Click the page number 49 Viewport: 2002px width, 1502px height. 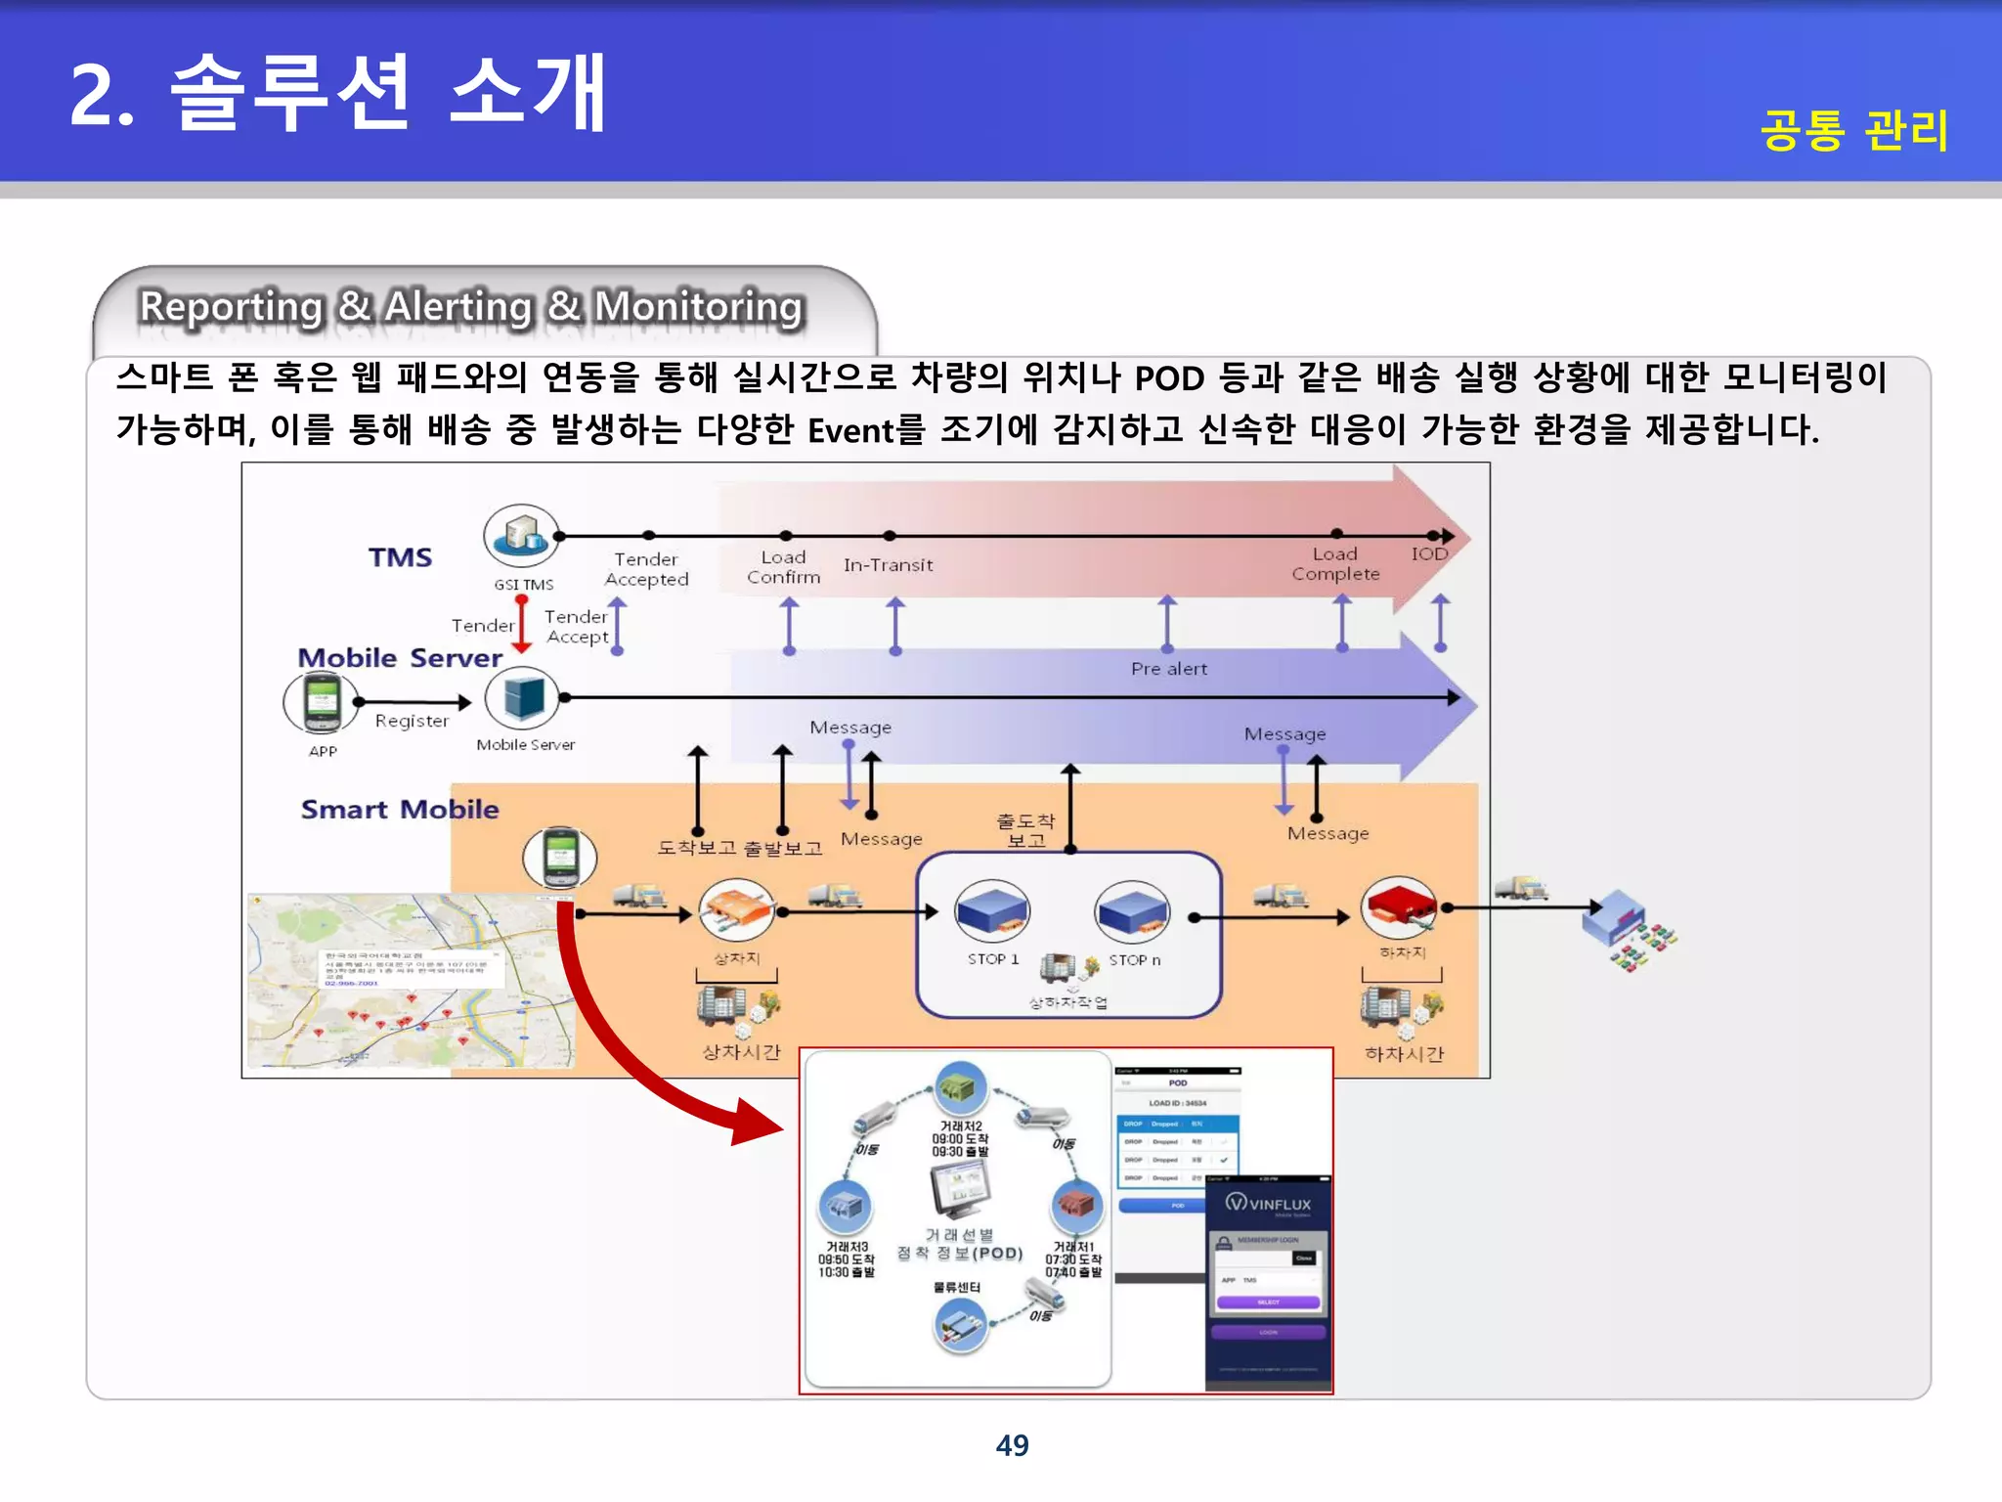1012,1444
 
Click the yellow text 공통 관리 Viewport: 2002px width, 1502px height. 1854,130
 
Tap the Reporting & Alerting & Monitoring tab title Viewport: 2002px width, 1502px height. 471,306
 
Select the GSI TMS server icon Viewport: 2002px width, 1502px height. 521,535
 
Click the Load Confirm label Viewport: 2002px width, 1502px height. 784,567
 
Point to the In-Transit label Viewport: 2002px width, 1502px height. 888,565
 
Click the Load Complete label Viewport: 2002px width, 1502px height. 1335,564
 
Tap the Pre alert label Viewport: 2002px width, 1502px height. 1169,669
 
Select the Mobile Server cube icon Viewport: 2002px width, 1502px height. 522,698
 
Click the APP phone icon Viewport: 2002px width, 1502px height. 321,702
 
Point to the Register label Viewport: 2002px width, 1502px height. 412,721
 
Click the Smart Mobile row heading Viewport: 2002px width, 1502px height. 400,810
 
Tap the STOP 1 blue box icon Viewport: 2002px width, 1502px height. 992,908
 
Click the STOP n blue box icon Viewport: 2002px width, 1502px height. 1132,909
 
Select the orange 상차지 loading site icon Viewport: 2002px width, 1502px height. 737,909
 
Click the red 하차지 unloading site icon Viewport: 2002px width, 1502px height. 1399,906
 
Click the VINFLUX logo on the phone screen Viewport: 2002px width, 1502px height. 1268,1204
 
